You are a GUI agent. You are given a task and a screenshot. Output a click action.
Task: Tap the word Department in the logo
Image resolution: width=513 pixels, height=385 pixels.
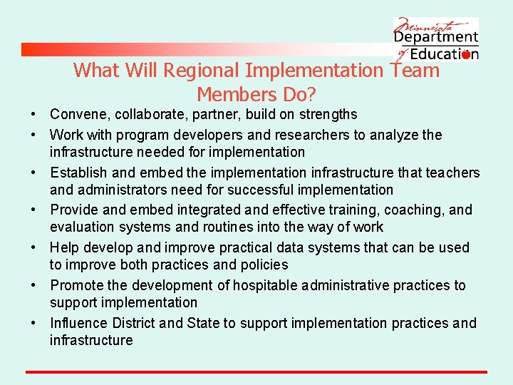pos(436,36)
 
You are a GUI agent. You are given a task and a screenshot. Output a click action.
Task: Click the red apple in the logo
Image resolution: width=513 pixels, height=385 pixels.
pos(466,54)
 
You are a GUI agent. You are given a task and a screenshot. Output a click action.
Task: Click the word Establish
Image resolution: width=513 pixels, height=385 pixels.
pos(78,173)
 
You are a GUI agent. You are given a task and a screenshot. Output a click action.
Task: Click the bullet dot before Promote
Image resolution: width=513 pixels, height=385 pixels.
pos(33,286)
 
